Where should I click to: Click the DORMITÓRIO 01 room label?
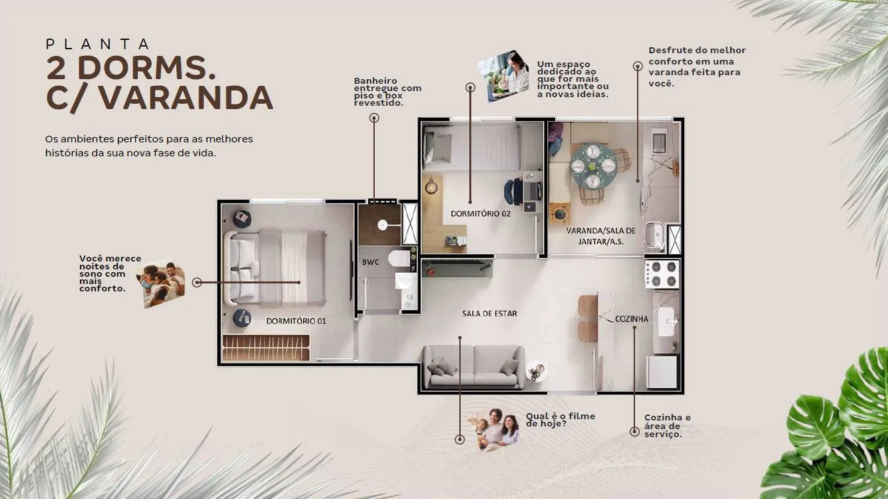[x=296, y=321]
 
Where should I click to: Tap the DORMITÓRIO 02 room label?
[x=481, y=214]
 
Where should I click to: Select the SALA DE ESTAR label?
[x=489, y=313]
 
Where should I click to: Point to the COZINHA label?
[x=632, y=319]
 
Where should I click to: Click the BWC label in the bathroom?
[x=370, y=262]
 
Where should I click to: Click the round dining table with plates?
[x=593, y=166]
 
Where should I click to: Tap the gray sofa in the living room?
[x=473, y=367]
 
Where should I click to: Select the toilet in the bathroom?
[x=399, y=258]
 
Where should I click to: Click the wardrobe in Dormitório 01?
[x=266, y=347]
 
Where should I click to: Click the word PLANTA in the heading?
[x=98, y=44]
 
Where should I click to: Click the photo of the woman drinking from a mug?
[x=503, y=76]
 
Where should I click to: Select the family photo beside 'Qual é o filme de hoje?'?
[x=493, y=430]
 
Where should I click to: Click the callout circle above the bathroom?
[x=374, y=118]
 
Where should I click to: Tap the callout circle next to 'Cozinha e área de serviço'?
[x=634, y=431]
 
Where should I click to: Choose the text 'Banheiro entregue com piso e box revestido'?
[x=387, y=92]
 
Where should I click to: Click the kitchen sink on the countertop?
[x=668, y=321]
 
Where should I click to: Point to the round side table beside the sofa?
[x=537, y=371]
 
